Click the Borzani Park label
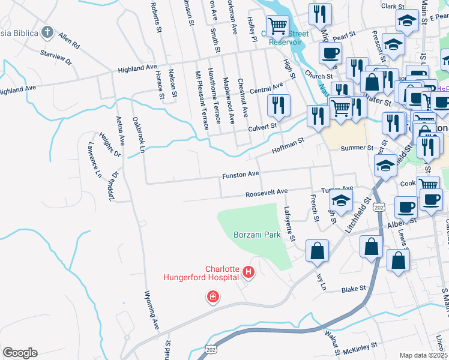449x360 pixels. (258, 236)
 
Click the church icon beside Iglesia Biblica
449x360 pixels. (47, 32)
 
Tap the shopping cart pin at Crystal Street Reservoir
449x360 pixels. (277, 27)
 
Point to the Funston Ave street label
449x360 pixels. (240, 175)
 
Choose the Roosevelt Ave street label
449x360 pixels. (267, 192)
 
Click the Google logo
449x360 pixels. (20, 352)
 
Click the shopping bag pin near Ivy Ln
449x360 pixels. (317, 251)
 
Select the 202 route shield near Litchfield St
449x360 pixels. (378, 207)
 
